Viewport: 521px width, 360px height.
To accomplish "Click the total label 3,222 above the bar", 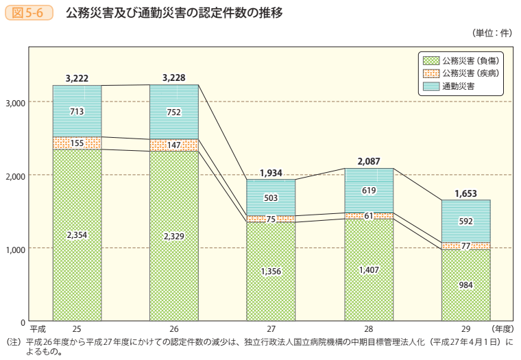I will (77, 79).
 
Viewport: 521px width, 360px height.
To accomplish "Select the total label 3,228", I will (174, 78).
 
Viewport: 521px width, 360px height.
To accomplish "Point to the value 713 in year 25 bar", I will (77, 112).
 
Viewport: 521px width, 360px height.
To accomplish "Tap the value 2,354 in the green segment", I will (77, 235).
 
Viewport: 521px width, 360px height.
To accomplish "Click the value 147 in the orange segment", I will (174, 145).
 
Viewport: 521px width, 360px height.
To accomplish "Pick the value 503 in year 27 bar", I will (271, 198).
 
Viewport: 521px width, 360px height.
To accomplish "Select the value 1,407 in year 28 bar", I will (368, 270).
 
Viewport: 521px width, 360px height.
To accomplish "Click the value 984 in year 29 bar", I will (465, 285).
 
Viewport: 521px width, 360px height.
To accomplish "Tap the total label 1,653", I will (465, 193).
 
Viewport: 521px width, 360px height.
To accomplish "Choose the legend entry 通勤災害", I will (459, 86).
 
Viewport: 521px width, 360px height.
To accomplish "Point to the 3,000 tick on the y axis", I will (15, 103).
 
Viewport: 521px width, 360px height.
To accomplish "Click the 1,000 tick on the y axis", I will (15, 249).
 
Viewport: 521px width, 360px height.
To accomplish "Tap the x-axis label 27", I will (271, 328).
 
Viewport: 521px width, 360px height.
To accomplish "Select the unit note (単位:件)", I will (492, 33).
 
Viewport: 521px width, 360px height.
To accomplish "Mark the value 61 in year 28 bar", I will (368, 216).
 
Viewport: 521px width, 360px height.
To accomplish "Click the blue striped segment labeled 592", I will (465, 221).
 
